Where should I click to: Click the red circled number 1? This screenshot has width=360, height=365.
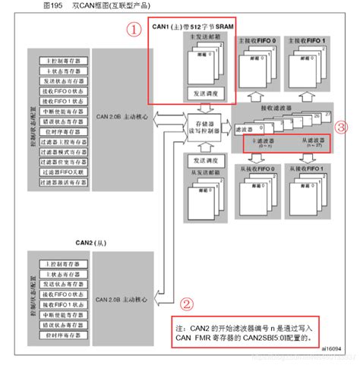[x=134, y=31]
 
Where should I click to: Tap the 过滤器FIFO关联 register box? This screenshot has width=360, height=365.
[x=60, y=171]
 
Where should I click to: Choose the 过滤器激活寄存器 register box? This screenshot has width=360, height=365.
[x=60, y=182]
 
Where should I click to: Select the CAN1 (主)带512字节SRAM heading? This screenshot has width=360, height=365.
[x=197, y=27]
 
